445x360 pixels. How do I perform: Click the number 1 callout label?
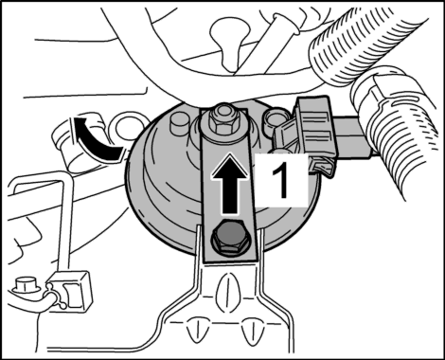click(x=281, y=181)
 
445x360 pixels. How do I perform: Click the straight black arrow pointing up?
click(x=229, y=184)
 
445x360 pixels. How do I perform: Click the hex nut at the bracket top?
click(x=222, y=121)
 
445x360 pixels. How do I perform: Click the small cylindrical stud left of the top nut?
click(x=179, y=123)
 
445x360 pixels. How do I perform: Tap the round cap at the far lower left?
click(x=24, y=286)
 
